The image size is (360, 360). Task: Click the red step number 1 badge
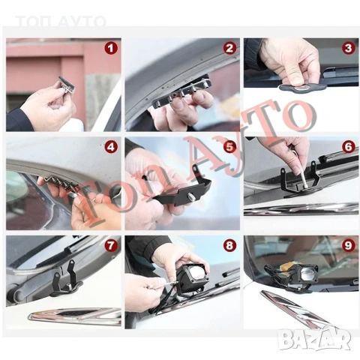tap(111, 48)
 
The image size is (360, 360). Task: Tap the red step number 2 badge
tap(229, 48)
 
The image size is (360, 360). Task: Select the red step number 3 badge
tap(348, 48)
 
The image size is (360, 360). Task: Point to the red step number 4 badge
tap(111, 146)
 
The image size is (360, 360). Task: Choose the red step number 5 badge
tap(229, 146)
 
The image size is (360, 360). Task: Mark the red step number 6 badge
tap(348, 146)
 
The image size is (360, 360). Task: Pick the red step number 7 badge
tap(111, 245)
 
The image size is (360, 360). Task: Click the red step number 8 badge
tap(229, 245)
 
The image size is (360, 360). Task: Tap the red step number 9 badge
tap(348, 245)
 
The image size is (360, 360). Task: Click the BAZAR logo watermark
tap(314, 339)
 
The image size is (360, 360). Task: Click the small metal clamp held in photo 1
tap(66, 85)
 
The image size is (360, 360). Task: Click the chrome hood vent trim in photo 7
tap(75, 316)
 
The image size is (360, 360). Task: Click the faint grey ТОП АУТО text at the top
tap(61, 21)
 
